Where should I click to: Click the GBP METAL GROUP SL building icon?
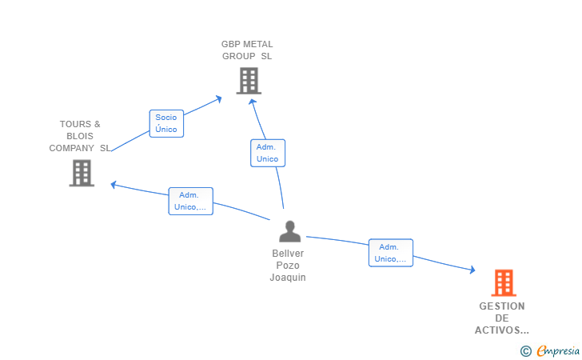(249, 81)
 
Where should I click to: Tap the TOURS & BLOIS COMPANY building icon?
(82, 173)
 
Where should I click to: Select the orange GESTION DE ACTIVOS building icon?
(504, 282)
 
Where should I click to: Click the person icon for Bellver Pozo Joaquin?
(290, 231)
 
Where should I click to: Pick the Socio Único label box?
(166, 123)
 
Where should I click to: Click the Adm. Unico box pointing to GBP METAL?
(268, 153)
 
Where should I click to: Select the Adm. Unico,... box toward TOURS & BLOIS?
(190, 201)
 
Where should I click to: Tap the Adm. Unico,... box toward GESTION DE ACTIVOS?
(390, 253)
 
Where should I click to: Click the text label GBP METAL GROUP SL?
(247, 50)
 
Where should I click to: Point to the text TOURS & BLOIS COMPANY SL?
(80, 136)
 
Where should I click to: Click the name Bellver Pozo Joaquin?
(288, 266)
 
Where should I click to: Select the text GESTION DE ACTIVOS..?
(502, 318)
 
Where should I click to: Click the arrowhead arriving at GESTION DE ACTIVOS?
(472, 270)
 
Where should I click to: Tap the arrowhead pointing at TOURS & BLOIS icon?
(114, 185)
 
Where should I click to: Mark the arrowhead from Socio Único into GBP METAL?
(219, 99)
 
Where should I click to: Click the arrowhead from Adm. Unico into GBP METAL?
(253, 102)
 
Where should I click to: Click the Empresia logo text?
(558, 350)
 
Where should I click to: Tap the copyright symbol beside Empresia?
(525, 351)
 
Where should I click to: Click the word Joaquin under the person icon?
(288, 278)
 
